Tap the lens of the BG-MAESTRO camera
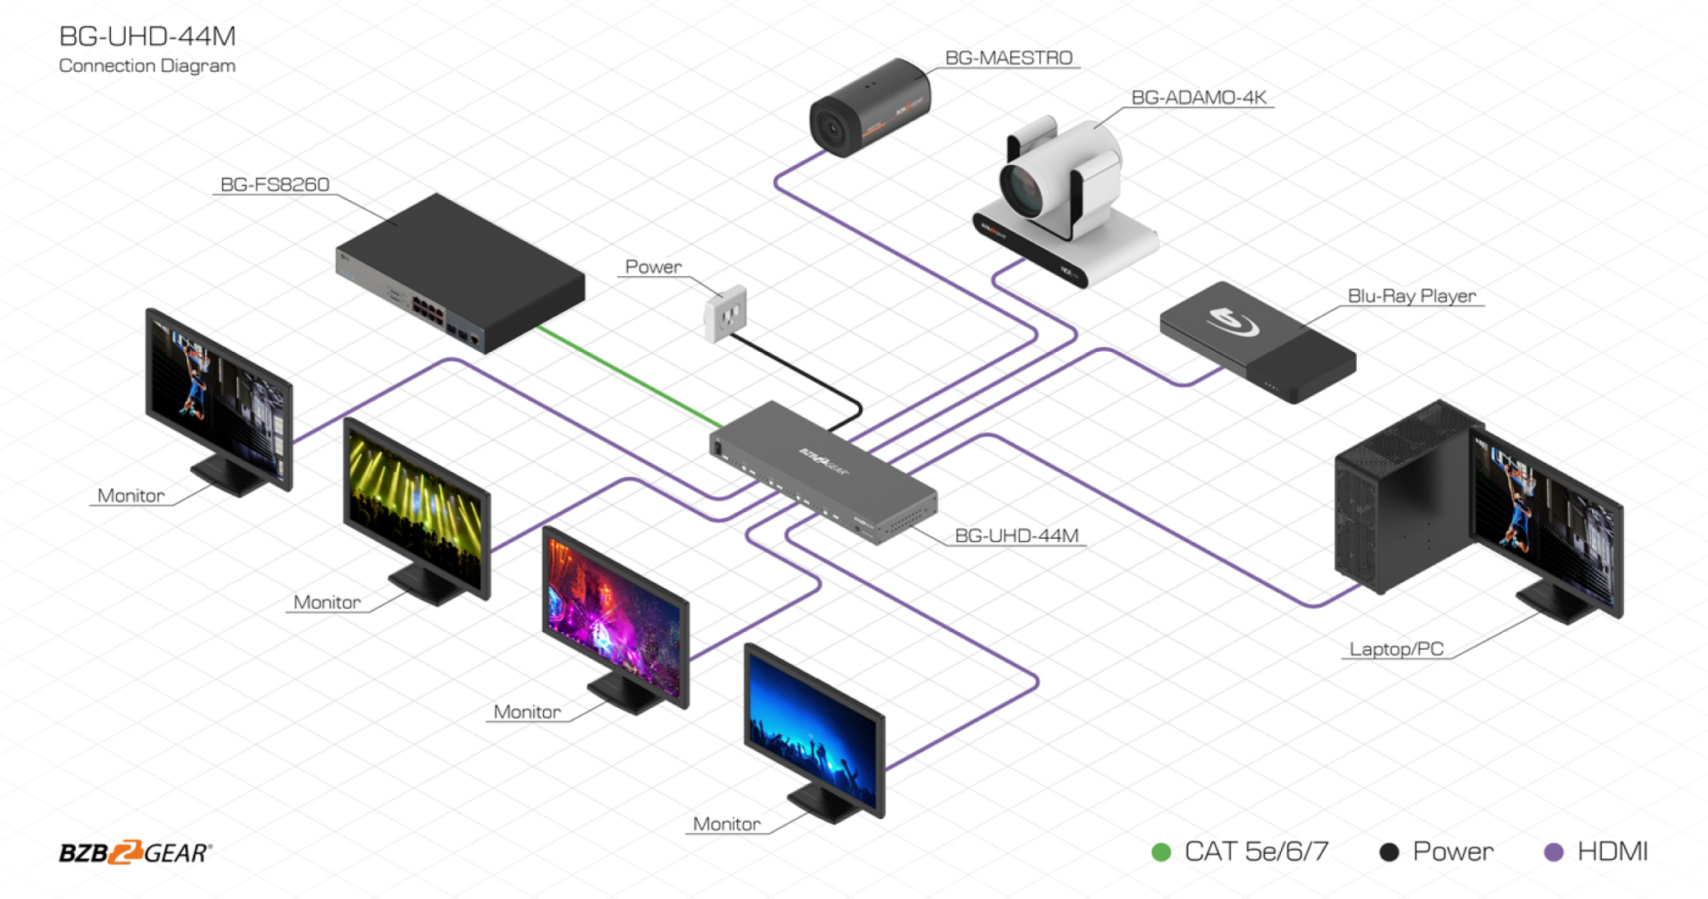(x=832, y=128)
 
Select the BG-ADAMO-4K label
(x=1198, y=98)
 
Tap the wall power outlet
(x=725, y=314)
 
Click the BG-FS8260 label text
(x=274, y=184)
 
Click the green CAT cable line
(x=625, y=375)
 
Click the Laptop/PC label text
(x=1396, y=649)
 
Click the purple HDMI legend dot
(x=1553, y=851)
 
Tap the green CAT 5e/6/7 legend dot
(x=1160, y=851)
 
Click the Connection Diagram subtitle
(x=147, y=66)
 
